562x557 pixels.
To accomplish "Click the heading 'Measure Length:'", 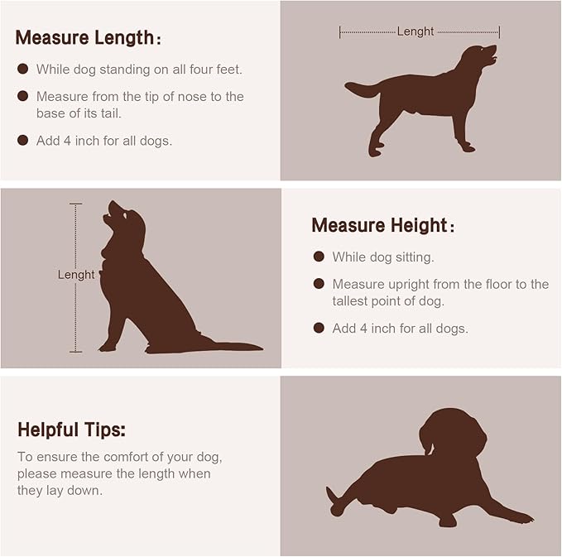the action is pos(89,38).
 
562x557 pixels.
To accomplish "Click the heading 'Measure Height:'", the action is pos(383,225).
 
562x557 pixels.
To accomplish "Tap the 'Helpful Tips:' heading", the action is pos(72,430).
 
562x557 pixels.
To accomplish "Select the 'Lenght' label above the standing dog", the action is pos(415,31).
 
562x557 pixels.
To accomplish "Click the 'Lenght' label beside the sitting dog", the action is pos(76,275).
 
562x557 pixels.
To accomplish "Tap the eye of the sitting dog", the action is pos(125,215).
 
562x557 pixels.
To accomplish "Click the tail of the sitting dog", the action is pos(229,346).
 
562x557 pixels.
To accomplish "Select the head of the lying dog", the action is pos(453,433).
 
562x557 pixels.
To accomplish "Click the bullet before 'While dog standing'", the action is pos(22,69).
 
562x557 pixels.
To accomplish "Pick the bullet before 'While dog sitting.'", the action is pos(319,257).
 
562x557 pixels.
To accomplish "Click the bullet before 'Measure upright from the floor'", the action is pos(319,284).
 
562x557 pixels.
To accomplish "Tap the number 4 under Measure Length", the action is pos(67,141).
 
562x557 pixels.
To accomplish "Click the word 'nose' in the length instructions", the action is pos(192,97).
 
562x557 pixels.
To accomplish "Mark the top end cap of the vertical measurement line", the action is pos(75,204).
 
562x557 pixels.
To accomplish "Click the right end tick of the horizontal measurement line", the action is pos(499,32).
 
